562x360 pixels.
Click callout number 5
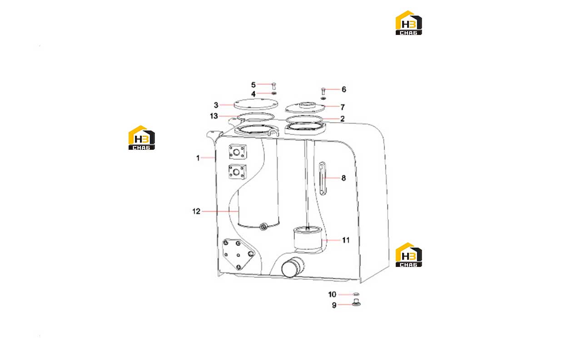(254, 85)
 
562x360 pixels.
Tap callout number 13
(214, 116)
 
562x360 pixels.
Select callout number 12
(196, 212)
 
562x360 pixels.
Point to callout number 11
(346, 240)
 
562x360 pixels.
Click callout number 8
(344, 178)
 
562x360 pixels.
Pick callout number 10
(332, 294)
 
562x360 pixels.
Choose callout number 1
(198, 158)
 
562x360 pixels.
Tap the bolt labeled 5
(274, 86)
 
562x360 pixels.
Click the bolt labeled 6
(323, 91)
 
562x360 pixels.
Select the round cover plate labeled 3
(256, 104)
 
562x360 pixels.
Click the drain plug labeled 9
(356, 303)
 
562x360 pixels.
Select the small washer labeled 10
(356, 294)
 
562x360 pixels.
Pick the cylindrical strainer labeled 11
(307, 238)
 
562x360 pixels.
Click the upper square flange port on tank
(238, 152)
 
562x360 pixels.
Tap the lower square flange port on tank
(237, 172)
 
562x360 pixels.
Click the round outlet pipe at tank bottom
(292, 268)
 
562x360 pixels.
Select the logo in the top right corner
(409, 23)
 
